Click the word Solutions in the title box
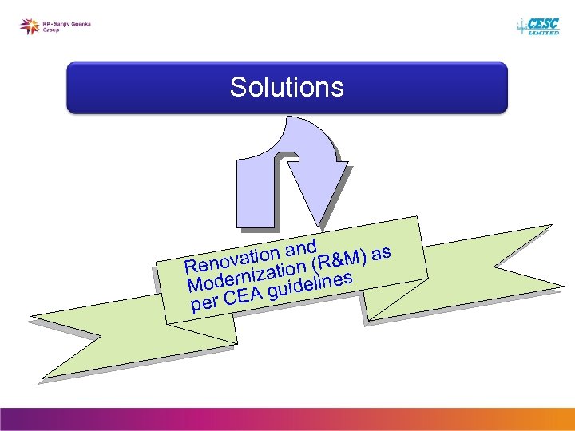tap(287, 87)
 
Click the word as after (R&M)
tap(381, 253)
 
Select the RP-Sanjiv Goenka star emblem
tap(30, 26)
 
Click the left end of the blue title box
tap(80, 87)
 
